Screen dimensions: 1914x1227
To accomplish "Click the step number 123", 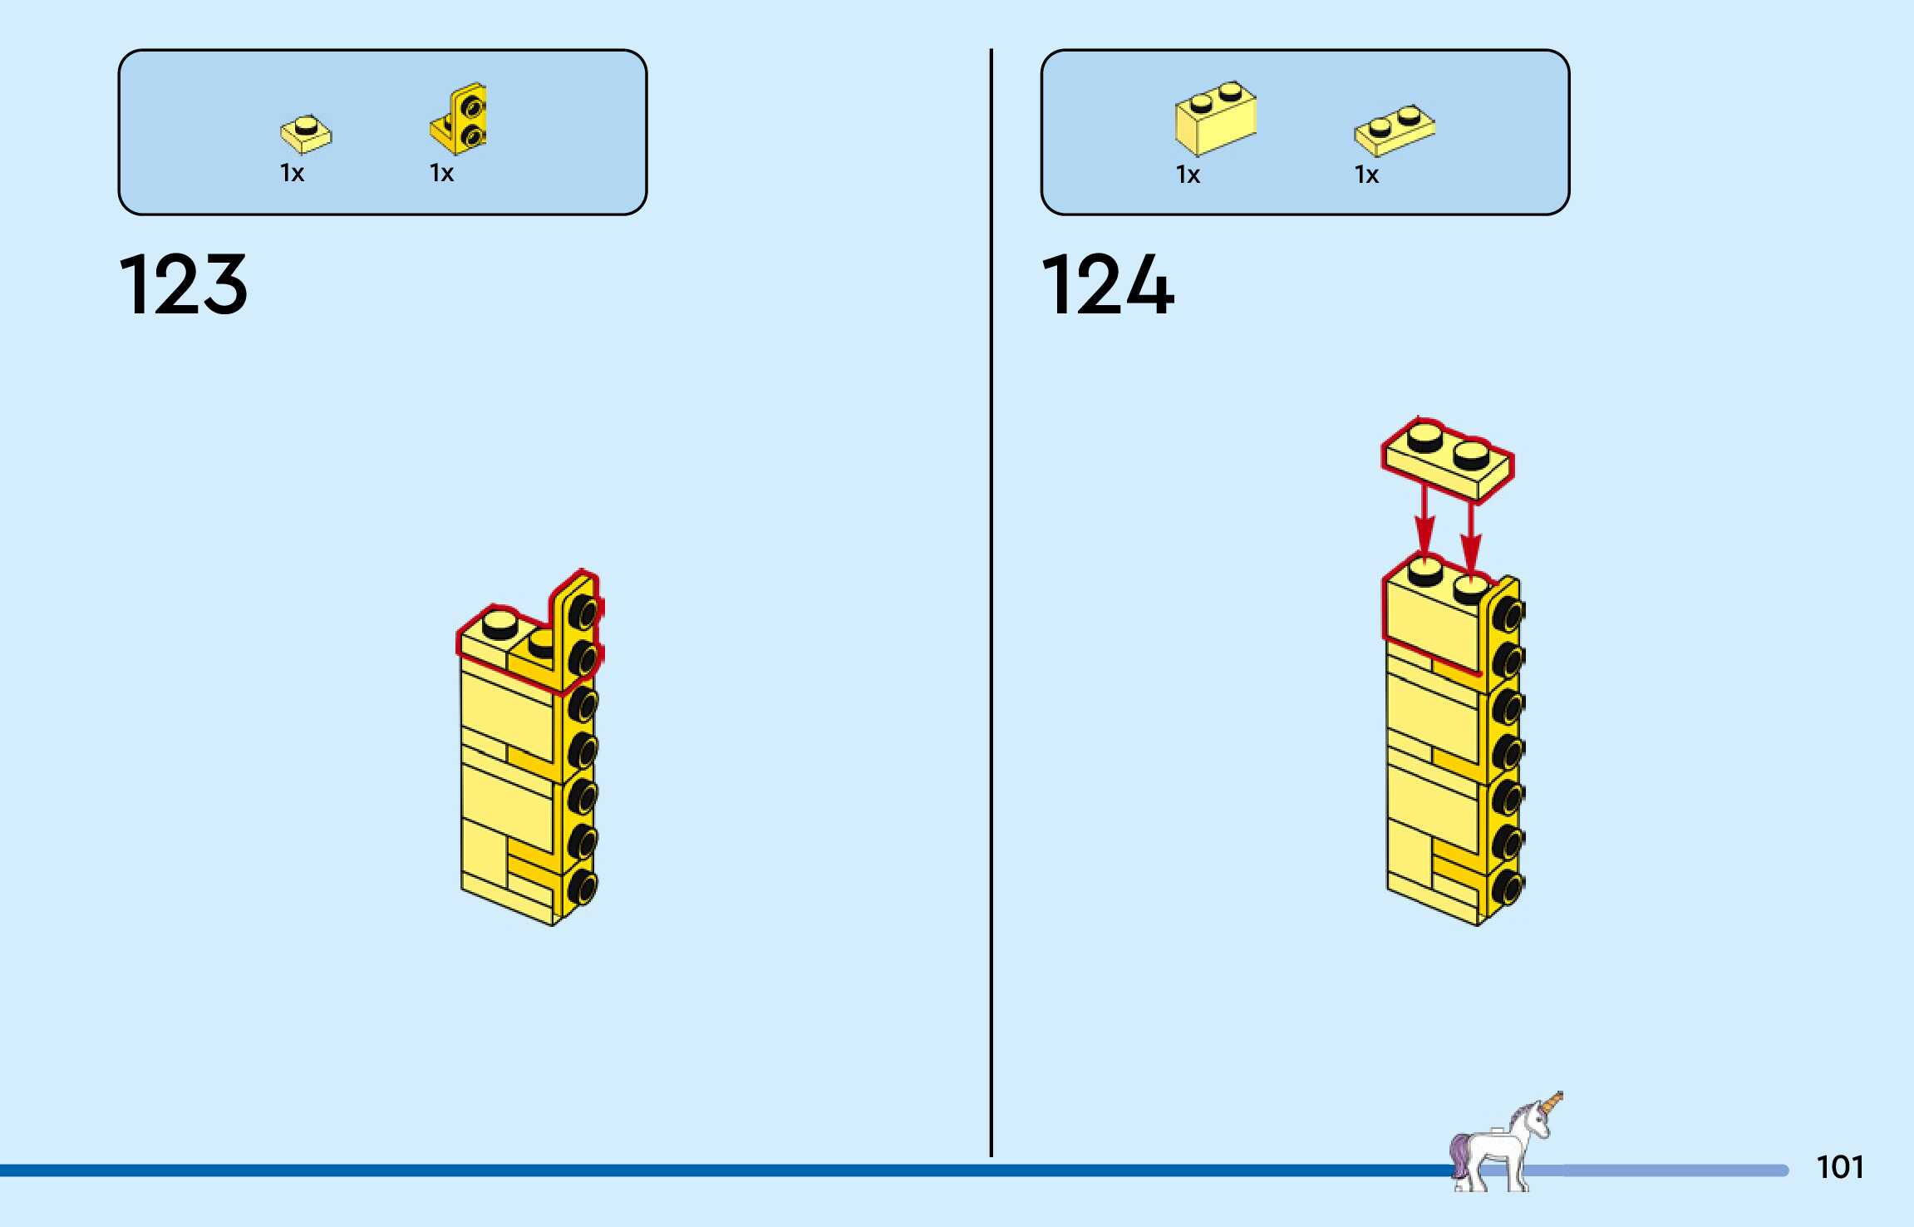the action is pyautogui.click(x=184, y=285).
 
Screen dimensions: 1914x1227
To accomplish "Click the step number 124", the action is pyautogui.click(x=1108, y=285).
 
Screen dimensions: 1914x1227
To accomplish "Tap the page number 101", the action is pyautogui.click(x=1840, y=1167).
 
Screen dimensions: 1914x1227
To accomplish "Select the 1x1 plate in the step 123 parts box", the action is pyautogui.click(x=306, y=134).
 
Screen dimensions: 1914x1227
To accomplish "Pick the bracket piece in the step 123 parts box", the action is pyautogui.click(x=460, y=119).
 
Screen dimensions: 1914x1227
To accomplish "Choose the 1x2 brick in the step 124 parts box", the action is pyautogui.click(x=1215, y=119).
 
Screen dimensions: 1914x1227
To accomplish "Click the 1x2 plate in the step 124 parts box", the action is pyautogui.click(x=1395, y=130).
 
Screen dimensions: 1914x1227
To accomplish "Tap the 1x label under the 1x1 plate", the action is pyautogui.click(x=293, y=173).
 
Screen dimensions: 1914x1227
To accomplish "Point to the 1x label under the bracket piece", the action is pyautogui.click(x=442, y=173).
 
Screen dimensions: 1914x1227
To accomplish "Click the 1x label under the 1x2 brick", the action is pyautogui.click(x=1188, y=175).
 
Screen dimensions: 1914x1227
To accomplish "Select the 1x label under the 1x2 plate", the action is pyautogui.click(x=1367, y=175).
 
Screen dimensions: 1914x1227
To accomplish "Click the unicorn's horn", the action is pyautogui.click(x=1552, y=1105).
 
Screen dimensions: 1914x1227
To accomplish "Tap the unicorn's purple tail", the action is pyautogui.click(x=1459, y=1151).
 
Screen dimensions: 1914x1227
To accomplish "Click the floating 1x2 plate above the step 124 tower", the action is pyautogui.click(x=1447, y=460).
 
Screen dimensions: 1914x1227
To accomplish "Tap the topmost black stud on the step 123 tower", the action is pyautogui.click(x=584, y=613).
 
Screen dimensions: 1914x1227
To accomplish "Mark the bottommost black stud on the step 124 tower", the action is pyautogui.click(x=1508, y=889).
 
